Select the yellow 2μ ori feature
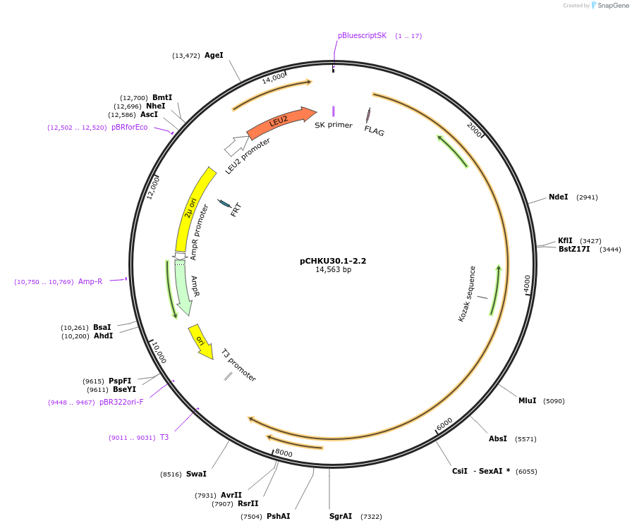coord(191,207)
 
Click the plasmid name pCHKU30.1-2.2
coord(333,261)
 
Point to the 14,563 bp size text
coord(333,270)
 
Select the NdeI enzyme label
coord(558,197)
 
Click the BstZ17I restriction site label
coord(574,250)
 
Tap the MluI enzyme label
coord(527,401)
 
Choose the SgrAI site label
coord(341,517)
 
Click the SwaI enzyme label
coord(196,474)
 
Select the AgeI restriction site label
coord(214,55)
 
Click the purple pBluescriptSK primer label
coord(362,35)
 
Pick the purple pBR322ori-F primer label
coord(121,403)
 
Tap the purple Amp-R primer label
coord(90,282)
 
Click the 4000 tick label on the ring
coord(527,283)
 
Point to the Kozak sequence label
coord(468,293)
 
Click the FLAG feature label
coord(375,130)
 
